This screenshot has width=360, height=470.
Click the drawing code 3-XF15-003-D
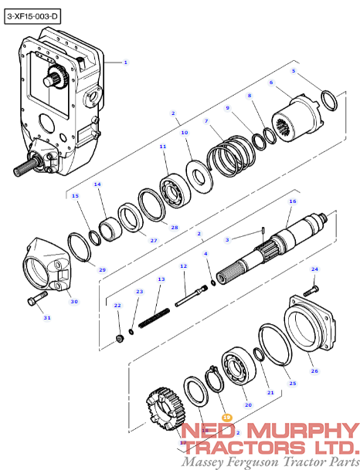point(32,15)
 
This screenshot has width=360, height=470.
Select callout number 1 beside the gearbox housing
point(126,62)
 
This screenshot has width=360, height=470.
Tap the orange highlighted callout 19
point(226,417)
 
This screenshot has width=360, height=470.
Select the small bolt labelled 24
point(311,289)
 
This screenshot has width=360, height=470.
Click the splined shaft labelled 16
point(286,244)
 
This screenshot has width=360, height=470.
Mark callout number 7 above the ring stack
point(205,121)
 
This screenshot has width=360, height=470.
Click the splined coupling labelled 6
point(298,117)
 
